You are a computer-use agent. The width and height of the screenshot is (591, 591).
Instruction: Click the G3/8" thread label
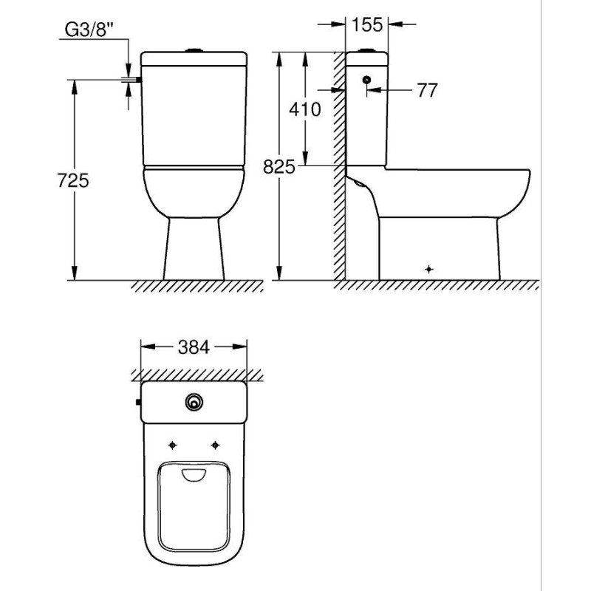(89, 30)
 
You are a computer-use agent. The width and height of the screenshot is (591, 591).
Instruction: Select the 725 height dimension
(73, 180)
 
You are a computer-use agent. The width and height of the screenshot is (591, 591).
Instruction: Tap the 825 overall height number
(279, 167)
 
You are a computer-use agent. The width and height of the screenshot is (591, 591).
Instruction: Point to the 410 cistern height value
(305, 109)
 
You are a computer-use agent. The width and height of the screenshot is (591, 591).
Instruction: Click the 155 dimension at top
(366, 25)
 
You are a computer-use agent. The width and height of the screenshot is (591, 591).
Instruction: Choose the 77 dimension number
(428, 90)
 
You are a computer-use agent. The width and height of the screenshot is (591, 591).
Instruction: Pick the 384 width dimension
(194, 347)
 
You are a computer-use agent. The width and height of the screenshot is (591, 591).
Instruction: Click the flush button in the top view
(194, 402)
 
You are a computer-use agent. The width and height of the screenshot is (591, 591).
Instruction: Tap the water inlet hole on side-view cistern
(366, 80)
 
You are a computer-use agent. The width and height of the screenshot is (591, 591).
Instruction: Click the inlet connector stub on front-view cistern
(138, 80)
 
